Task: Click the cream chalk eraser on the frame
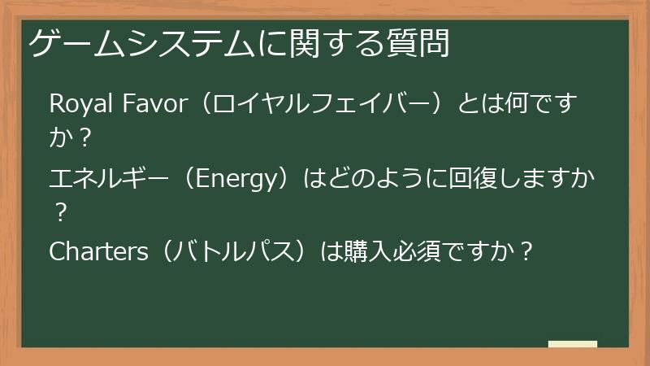(572, 345)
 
